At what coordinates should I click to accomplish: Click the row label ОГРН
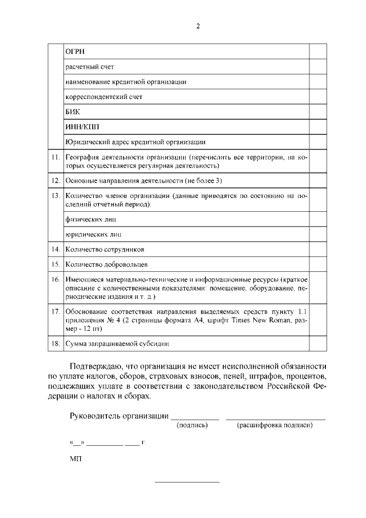coord(76,52)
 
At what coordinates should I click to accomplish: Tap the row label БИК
coord(73,111)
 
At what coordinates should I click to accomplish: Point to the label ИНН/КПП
coord(79,126)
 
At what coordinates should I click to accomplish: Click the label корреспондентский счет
coord(104,96)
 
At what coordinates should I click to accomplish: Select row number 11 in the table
coord(55,156)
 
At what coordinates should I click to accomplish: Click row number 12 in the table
coord(55,180)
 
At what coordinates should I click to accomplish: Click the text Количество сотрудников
coord(105,250)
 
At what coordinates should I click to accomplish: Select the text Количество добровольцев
coord(106,264)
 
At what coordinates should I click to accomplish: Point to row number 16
coord(55,279)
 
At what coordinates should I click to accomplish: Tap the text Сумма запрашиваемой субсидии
coord(117,343)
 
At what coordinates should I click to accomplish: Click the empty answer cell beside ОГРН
coord(318,52)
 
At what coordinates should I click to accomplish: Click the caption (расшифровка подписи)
coord(274,425)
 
